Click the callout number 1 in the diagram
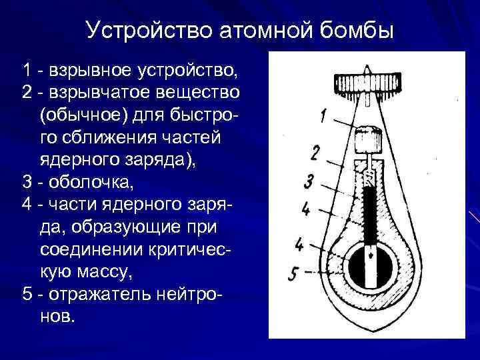(323, 117)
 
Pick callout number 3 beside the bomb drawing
(308, 181)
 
